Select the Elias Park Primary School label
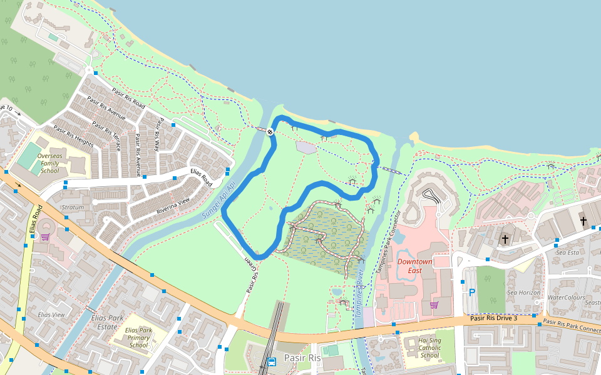138,337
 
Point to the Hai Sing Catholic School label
429,347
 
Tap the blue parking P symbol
472,292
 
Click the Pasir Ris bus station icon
272,361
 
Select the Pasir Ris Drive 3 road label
493,319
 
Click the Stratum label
73,207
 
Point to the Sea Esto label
568,252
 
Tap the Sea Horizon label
523,292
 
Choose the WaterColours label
566,297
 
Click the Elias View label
51,315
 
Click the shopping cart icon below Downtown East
434,304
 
